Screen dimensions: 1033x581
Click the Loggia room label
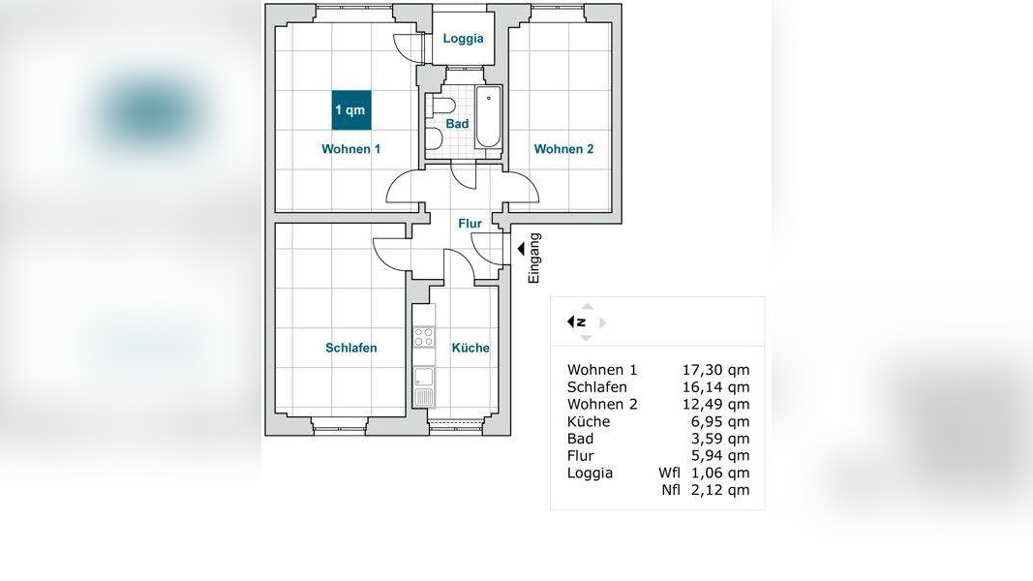pos(463,38)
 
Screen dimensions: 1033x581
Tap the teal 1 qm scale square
pos(351,110)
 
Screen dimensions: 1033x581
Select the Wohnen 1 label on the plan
pos(351,149)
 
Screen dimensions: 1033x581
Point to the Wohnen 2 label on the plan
pos(563,149)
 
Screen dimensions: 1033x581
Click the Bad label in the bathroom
pos(457,124)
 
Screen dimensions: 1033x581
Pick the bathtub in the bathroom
pos(488,117)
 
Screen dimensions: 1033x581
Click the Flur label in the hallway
pos(470,224)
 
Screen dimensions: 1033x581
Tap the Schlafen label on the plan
pos(351,348)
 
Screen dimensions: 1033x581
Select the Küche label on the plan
pos(471,348)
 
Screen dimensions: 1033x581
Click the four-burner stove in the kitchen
pos(424,337)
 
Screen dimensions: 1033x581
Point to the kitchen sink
pos(424,386)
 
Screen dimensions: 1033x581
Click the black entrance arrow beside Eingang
pos(521,248)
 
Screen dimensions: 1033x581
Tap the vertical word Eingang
pos(534,259)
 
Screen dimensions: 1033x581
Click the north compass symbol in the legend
pos(577,322)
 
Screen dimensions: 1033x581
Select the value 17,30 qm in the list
pos(715,370)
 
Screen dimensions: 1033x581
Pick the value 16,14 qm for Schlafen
pos(715,387)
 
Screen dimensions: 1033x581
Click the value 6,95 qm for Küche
pos(719,421)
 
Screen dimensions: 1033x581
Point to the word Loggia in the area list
pos(590,473)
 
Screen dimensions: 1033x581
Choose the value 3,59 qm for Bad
pos(719,439)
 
